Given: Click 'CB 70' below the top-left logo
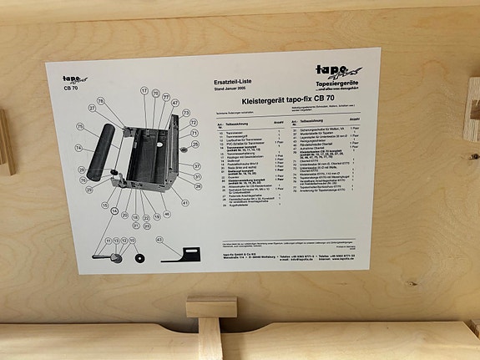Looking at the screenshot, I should (x=72, y=86).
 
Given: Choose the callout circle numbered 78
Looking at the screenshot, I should (x=101, y=101).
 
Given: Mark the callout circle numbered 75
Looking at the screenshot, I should (x=81, y=127).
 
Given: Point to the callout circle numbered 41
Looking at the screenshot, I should (x=184, y=203).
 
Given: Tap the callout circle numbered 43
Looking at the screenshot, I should (x=159, y=241).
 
